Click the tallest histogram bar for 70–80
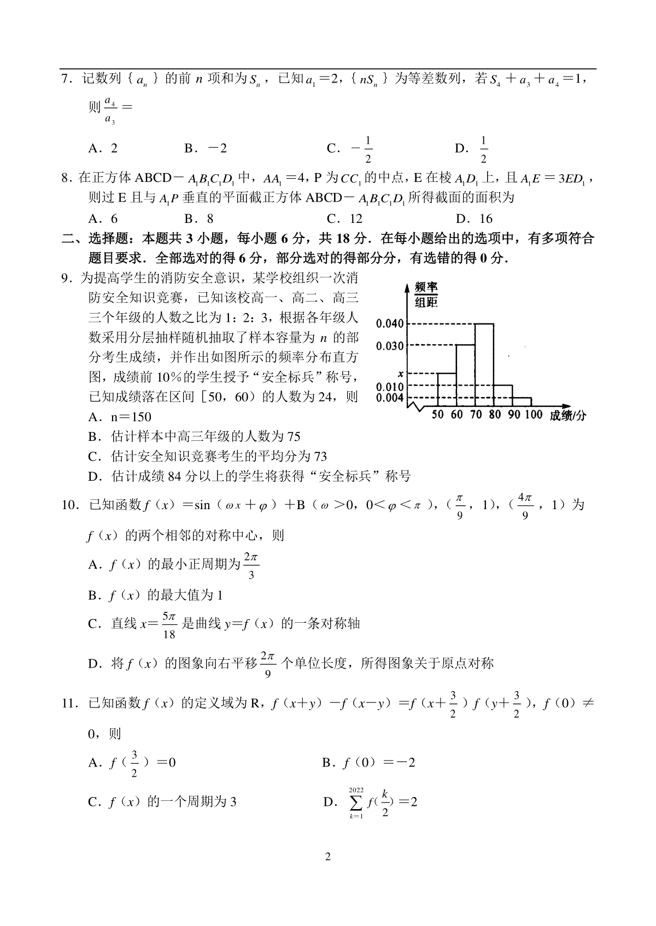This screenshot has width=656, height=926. tap(484, 365)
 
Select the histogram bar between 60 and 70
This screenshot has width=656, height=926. tap(465, 376)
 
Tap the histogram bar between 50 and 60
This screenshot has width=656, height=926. tap(447, 390)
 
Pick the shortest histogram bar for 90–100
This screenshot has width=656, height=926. tap(522, 402)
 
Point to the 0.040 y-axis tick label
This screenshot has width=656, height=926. tap(390, 323)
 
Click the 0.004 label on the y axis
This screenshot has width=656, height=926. tap(390, 398)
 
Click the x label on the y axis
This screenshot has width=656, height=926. tap(401, 374)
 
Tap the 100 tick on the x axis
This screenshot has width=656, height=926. tap(534, 415)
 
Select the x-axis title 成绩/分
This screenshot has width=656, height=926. tap(568, 416)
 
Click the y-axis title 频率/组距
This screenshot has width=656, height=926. tap(426, 294)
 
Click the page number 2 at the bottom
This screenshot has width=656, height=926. tap(328, 856)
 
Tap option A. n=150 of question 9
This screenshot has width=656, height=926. tap(120, 417)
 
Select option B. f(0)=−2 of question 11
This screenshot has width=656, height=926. tap(368, 763)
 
